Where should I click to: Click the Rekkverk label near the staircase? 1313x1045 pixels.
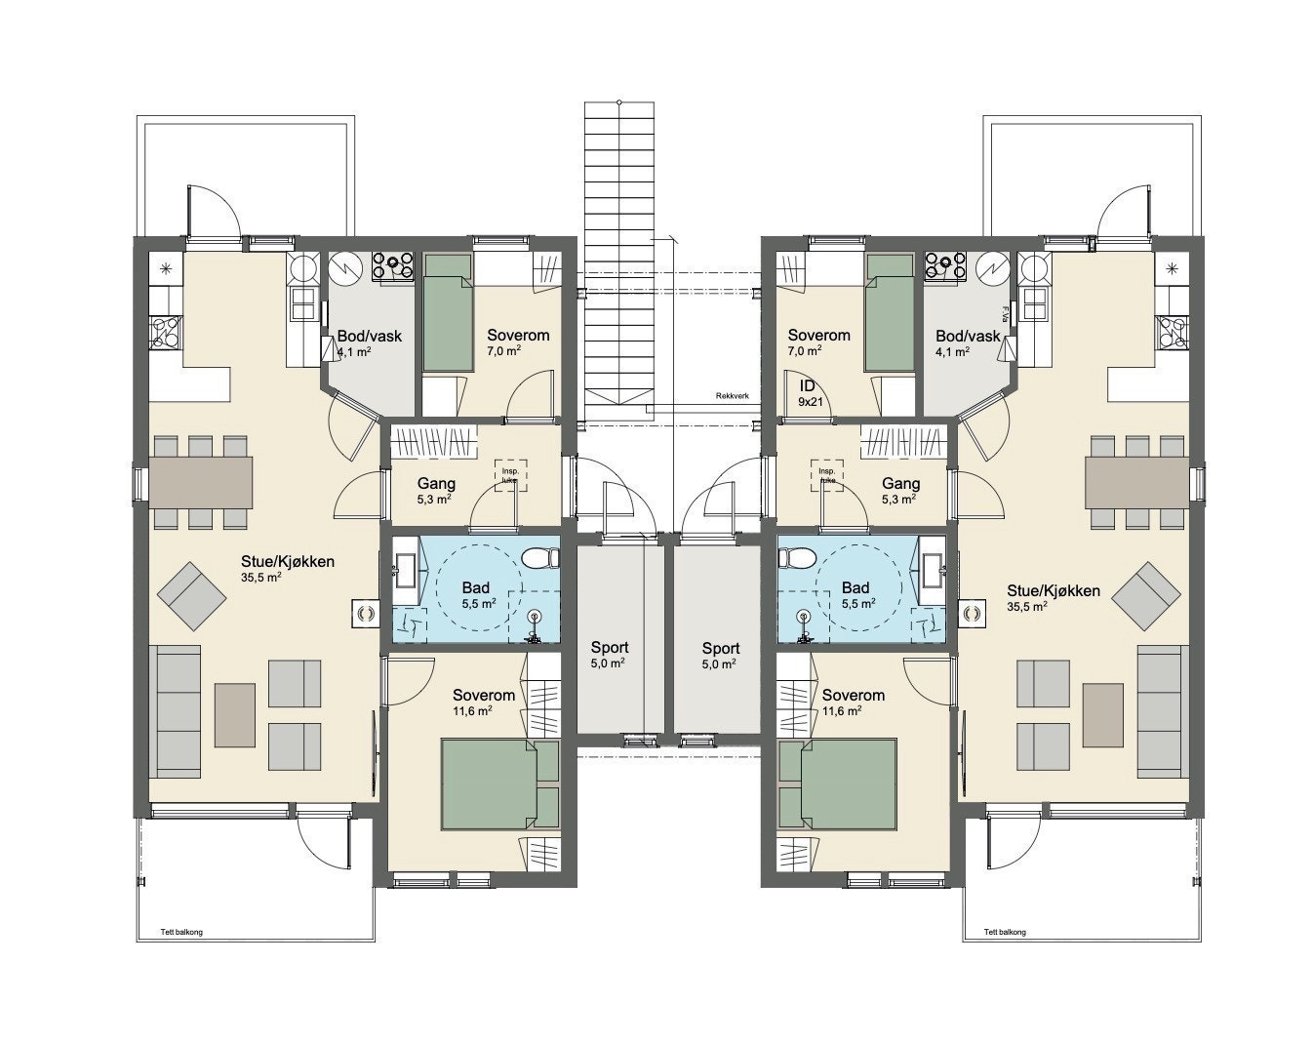pyautogui.click(x=732, y=396)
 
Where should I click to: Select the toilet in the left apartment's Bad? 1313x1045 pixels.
pyautogui.click(x=537, y=559)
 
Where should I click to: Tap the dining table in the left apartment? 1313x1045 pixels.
pyautogui.click(x=200, y=480)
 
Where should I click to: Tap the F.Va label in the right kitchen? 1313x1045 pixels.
pyautogui.click(x=1005, y=313)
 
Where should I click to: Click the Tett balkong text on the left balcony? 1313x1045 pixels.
pyautogui.click(x=181, y=932)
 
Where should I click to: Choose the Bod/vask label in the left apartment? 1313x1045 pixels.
pyautogui.click(x=369, y=336)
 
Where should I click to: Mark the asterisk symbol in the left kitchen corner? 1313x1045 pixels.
pyautogui.click(x=165, y=268)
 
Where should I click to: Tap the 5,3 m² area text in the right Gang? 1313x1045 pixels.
pyautogui.click(x=898, y=499)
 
